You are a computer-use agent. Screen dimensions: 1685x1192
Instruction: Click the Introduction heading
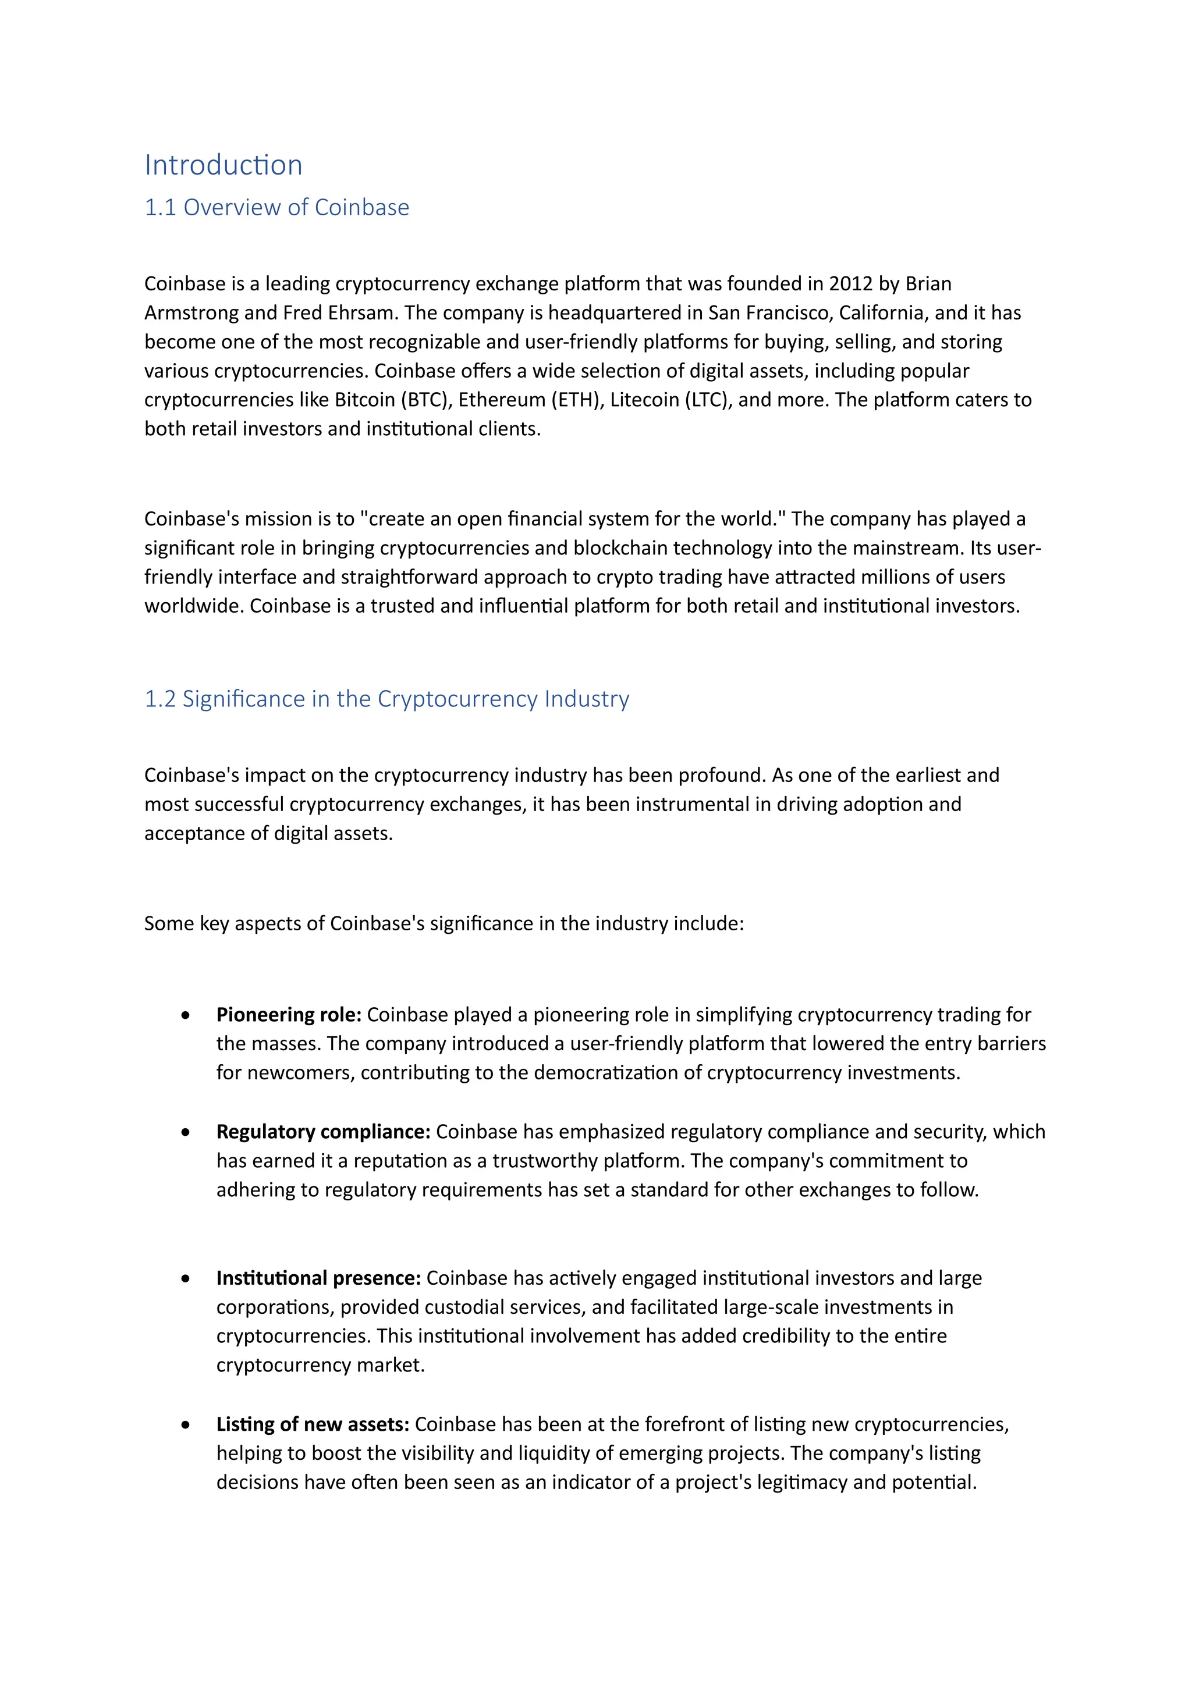pyautogui.click(x=223, y=165)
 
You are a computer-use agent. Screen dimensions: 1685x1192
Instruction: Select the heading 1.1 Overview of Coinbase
pyautogui.click(x=276, y=208)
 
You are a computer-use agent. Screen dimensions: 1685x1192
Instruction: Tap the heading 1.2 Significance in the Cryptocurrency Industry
pyautogui.click(x=387, y=699)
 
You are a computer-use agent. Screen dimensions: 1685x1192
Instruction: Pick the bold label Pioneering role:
pyautogui.click(x=289, y=1015)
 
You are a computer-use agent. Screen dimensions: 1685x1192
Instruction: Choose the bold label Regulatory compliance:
pyautogui.click(x=323, y=1132)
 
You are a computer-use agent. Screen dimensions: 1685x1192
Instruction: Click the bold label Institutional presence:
pyautogui.click(x=318, y=1278)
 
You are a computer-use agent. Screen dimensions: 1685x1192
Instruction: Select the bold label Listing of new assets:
pyautogui.click(x=313, y=1424)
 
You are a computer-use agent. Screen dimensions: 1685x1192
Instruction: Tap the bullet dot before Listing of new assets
pyautogui.click(x=186, y=1425)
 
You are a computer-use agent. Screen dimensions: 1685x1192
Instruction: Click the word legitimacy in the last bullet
pyautogui.click(x=802, y=1483)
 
